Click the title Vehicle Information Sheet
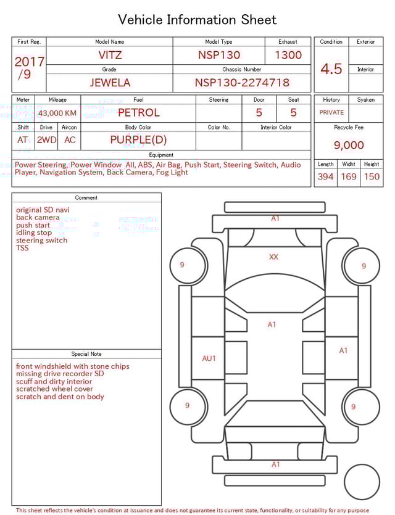click(197, 20)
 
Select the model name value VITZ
click(110, 55)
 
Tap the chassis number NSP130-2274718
click(242, 83)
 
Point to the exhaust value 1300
click(288, 55)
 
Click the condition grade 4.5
click(331, 69)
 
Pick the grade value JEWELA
click(109, 83)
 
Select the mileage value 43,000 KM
click(57, 113)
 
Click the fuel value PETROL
click(138, 113)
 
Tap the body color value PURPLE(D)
click(138, 140)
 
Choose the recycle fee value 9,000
click(349, 146)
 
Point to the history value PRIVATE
click(331, 113)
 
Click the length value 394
click(325, 177)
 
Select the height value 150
click(372, 177)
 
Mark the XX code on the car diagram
click(273, 257)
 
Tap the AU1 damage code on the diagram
click(209, 358)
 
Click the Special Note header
click(86, 354)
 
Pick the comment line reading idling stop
click(34, 233)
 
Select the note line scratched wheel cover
click(54, 389)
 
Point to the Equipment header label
click(161, 155)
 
